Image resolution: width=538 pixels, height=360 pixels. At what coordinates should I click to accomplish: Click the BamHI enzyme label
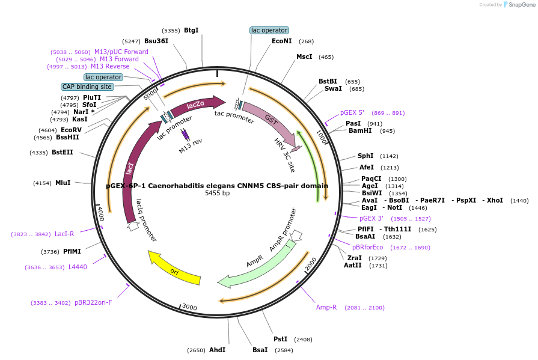[360, 130]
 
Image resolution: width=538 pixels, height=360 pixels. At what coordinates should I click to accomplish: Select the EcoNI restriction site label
[281, 41]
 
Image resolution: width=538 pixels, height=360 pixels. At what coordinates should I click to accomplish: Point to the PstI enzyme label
[281, 340]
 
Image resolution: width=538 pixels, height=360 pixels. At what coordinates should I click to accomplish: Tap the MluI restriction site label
[63, 183]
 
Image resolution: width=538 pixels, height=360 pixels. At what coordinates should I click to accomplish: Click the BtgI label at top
[191, 30]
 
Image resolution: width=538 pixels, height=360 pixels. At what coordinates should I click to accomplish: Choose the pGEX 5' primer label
[352, 112]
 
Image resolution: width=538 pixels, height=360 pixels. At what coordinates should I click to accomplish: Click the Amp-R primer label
[326, 308]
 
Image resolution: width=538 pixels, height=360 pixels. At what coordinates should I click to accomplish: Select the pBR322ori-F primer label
[93, 302]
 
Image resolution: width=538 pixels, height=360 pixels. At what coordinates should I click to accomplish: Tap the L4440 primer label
[78, 267]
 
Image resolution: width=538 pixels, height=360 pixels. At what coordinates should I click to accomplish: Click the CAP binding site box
[87, 87]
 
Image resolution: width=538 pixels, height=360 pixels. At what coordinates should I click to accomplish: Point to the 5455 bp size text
[217, 194]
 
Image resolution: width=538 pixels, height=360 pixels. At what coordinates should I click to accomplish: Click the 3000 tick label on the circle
[189, 307]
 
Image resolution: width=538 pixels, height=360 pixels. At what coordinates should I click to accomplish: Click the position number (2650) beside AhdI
[196, 350]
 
